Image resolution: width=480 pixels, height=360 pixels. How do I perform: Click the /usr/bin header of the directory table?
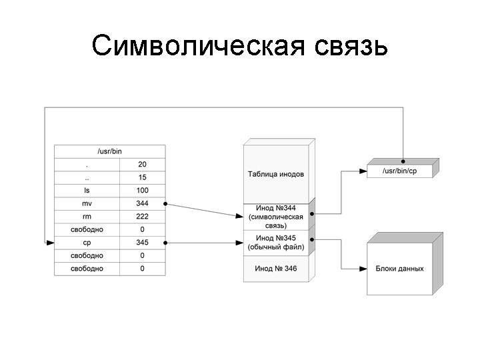pos(110,151)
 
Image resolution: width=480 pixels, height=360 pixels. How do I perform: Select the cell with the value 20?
pos(142,164)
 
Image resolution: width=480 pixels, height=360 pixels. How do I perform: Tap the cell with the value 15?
pos(142,177)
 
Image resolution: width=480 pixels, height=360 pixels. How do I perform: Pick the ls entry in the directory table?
pos(87,190)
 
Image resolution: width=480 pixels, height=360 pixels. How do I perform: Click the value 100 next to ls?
pos(142,190)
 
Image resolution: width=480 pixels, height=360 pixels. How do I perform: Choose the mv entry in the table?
pos(87,203)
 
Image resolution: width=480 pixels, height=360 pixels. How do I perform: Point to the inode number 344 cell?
pos(142,203)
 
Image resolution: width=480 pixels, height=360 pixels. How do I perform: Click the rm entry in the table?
pos(87,216)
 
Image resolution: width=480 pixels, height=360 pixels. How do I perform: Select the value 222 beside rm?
pos(142,216)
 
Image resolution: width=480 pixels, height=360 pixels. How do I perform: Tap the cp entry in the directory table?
pos(87,243)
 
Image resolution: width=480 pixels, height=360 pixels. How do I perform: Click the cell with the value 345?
pos(142,243)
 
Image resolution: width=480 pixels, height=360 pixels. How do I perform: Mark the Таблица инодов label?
pos(275,174)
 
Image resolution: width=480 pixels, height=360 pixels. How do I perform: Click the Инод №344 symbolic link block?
pos(275,217)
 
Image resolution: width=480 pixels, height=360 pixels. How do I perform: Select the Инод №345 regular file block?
pos(275,243)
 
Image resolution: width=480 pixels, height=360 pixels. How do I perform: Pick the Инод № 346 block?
pos(275,268)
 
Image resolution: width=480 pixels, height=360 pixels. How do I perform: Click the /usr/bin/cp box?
pos(399,171)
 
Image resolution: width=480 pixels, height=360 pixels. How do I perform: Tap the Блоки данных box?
pos(399,269)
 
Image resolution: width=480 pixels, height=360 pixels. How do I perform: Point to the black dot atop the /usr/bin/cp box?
pos(403,161)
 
